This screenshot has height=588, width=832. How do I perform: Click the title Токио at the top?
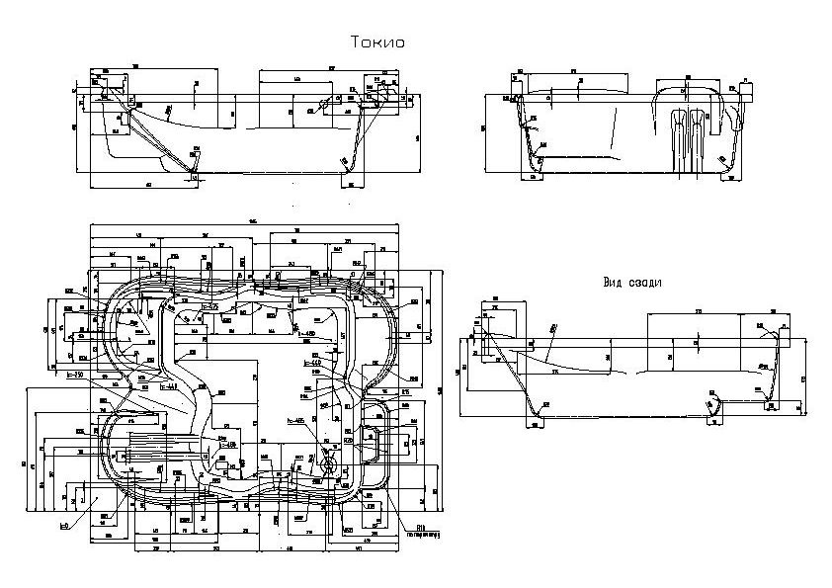point(378,42)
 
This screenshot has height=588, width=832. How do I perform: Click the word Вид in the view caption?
point(616,282)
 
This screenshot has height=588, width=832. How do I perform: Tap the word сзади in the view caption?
point(644,282)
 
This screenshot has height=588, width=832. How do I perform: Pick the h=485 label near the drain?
point(296,421)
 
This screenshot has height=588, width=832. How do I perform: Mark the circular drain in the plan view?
point(328,462)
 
